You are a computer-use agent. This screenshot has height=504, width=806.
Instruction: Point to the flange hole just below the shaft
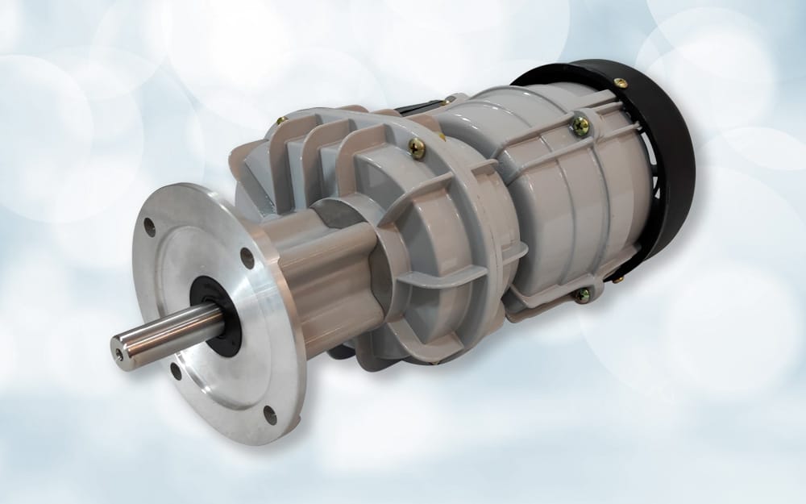(x=176, y=371)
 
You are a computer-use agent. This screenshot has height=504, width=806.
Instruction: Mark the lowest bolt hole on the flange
(x=270, y=414)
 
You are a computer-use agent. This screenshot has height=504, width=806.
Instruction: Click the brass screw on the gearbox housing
(x=417, y=148)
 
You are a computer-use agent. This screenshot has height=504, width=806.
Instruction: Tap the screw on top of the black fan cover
(x=620, y=82)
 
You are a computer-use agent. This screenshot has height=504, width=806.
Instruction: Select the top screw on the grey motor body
(x=580, y=125)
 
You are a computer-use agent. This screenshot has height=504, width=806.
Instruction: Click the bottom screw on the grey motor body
(x=581, y=295)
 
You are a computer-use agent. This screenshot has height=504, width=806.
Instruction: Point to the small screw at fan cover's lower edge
(x=619, y=278)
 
